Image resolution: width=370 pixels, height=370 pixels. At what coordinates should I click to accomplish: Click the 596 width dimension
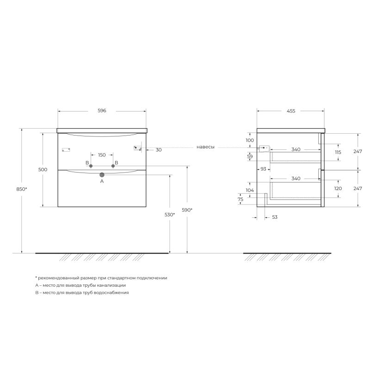click(x=102, y=111)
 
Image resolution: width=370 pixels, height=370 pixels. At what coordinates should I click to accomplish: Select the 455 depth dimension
click(x=290, y=111)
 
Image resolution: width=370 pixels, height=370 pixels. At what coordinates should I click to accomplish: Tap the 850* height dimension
click(x=21, y=189)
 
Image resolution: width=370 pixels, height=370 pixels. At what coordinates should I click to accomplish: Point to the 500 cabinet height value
click(x=43, y=170)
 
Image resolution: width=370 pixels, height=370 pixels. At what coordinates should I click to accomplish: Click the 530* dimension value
click(x=169, y=215)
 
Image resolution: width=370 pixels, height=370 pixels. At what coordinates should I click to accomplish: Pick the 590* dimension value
click(x=187, y=210)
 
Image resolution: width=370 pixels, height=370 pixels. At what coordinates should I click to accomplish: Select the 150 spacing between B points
click(x=102, y=154)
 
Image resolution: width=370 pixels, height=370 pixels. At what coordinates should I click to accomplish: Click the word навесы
click(x=205, y=147)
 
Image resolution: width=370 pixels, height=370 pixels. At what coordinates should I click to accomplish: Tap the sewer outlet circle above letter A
click(x=102, y=175)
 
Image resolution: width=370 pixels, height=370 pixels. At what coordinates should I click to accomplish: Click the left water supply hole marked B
click(x=91, y=166)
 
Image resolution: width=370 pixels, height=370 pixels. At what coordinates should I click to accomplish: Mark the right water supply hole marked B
click(x=113, y=166)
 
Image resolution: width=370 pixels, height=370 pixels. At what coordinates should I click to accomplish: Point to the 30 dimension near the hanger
click(x=159, y=150)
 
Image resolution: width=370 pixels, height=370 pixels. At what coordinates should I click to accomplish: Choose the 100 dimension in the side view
click(x=250, y=140)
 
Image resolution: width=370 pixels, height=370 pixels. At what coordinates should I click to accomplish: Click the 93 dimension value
click(x=263, y=169)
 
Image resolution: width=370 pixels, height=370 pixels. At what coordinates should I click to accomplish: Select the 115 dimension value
click(x=338, y=152)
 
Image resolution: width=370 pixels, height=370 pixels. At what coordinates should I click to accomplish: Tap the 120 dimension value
click(x=338, y=189)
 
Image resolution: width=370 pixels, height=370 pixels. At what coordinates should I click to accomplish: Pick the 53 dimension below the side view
click(x=274, y=217)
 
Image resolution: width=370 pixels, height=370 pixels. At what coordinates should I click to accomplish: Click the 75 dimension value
click(x=240, y=199)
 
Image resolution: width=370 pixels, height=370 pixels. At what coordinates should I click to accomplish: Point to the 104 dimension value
click(x=250, y=191)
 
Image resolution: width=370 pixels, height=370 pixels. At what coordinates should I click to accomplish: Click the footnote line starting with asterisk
click(x=101, y=278)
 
